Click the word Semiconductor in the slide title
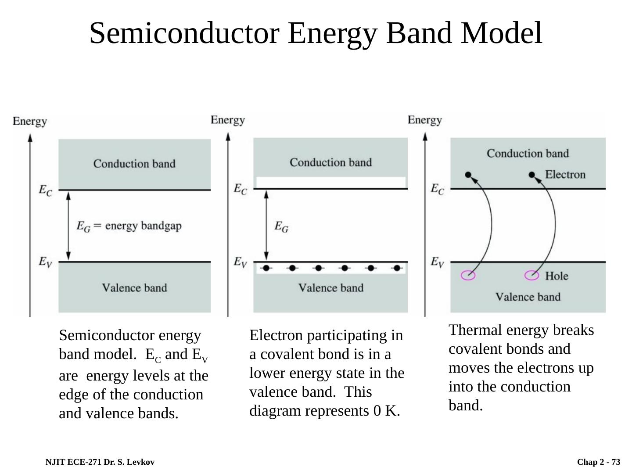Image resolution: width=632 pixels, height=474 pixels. coord(184,33)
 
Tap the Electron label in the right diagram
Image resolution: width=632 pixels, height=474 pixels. coord(565,175)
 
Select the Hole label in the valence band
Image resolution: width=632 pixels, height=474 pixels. coord(557,276)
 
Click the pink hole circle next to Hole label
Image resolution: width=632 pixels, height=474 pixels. coord(532,276)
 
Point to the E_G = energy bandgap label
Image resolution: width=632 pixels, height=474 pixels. coord(129,226)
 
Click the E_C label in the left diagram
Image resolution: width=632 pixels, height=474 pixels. coord(45,190)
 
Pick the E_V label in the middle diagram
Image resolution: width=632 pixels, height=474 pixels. coord(240,262)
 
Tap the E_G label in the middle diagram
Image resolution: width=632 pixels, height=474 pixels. coord(281,226)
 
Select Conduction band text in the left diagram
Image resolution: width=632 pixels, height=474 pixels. coord(134,164)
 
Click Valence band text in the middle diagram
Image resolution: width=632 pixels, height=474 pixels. coord(331,288)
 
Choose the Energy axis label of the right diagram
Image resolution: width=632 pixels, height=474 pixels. coord(424,120)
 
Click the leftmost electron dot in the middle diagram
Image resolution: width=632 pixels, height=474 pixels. coord(266,268)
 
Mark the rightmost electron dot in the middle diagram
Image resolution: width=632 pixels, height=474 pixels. coord(397,268)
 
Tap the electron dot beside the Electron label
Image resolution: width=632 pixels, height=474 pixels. coord(532,175)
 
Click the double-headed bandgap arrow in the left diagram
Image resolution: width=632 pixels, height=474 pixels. coord(68,226)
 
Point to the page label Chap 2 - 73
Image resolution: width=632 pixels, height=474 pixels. coord(599,462)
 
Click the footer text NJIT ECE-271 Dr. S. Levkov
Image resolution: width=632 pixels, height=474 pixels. coord(100,462)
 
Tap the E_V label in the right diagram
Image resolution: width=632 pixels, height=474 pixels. coord(437,262)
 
